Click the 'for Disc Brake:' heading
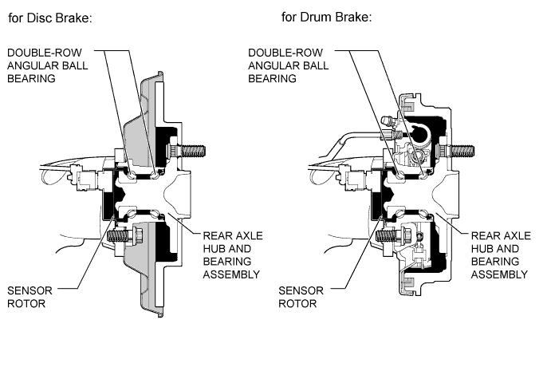(x=50, y=18)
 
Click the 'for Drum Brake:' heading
(x=326, y=17)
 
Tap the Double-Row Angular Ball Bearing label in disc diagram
(x=47, y=65)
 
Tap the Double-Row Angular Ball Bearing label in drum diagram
(x=289, y=65)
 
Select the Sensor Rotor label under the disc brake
(x=30, y=297)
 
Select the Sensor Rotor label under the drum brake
(x=301, y=297)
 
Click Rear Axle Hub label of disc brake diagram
(x=233, y=255)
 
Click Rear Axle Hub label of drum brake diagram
(x=501, y=255)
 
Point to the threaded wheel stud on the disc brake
(x=188, y=151)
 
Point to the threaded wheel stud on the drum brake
(x=456, y=151)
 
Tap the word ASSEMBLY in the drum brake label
(x=499, y=274)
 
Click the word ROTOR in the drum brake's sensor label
(x=297, y=303)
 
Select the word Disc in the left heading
(x=39, y=18)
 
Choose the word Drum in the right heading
(x=314, y=17)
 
